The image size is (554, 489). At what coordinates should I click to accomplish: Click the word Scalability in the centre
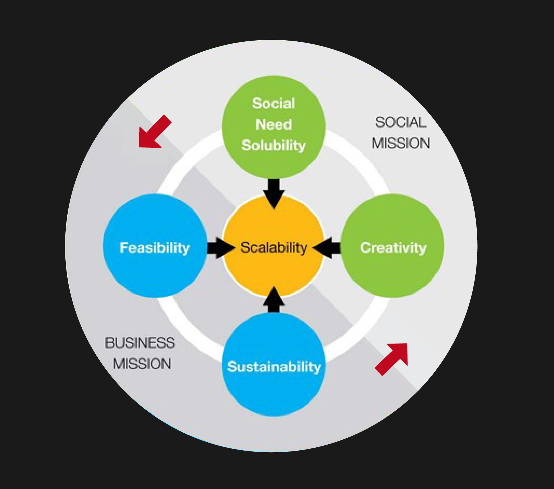274,247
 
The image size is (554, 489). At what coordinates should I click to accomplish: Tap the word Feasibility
155,248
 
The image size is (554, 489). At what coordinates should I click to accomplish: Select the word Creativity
393,248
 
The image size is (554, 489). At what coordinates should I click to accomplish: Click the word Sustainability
274,367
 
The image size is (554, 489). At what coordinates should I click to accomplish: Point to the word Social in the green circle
274,103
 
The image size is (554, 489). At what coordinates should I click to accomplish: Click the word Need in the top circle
274,124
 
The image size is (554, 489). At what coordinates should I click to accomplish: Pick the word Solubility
274,145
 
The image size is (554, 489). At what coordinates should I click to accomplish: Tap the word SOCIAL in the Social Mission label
401,122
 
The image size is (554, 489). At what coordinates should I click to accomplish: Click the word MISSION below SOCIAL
401,143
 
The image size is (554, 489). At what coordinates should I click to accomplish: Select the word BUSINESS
140,343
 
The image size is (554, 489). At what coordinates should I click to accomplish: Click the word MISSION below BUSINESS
142,364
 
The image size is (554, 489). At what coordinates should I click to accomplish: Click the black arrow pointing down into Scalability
274,193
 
